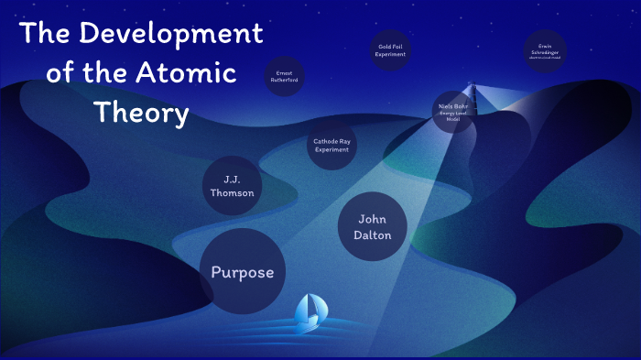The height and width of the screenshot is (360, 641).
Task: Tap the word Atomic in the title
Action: click(x=190, y=73)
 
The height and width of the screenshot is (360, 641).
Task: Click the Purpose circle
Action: click(x=243, y=272)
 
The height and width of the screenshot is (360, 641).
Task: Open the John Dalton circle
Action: click(x=372, y=226)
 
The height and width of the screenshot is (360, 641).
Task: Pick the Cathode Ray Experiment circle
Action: click(x=331, y=145)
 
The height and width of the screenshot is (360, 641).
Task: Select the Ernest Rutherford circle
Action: click(x=284, y=77)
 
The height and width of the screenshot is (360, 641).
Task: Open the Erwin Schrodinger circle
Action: click(x=545, y=50)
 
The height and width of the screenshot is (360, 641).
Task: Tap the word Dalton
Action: click(x=372, y=235)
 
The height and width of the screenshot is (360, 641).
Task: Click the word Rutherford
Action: click(x=284, y=81)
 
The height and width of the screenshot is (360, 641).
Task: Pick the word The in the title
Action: click(x=44, y=35)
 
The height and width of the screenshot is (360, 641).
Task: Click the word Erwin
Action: click(x=545, y=44)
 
